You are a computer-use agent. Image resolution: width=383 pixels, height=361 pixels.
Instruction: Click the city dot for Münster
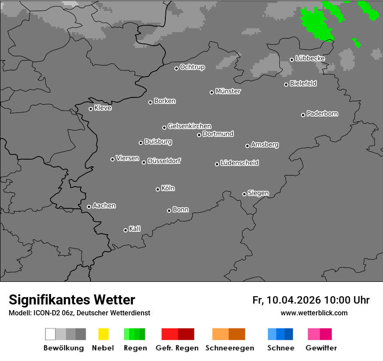(212, 92)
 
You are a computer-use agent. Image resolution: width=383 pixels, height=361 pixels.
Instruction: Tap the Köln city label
(168, 188)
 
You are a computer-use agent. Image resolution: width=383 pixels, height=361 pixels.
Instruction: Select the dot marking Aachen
(89, 207)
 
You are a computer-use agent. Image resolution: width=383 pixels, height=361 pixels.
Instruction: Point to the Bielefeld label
(303, 84)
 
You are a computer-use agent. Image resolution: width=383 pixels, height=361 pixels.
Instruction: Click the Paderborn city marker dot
(303, 115)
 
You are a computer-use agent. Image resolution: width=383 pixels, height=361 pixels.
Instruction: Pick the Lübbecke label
(310, 58)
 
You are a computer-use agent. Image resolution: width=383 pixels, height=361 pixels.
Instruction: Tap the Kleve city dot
(91, 109)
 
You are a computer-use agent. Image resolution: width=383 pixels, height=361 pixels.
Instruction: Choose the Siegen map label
(258, 193)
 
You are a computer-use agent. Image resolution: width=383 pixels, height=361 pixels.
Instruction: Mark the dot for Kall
(125, 230)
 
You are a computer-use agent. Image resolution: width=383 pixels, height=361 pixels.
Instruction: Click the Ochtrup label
(192, 67)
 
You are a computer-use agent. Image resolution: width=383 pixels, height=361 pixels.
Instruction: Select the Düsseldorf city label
(164, 161)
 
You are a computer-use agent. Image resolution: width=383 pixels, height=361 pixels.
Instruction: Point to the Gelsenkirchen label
(189, 126)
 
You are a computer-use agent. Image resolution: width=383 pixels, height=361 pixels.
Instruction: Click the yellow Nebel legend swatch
(103, 334)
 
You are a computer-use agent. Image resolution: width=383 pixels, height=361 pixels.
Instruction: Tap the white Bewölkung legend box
(50, 334)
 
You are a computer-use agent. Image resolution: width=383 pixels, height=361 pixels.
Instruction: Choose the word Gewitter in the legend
(321, 348)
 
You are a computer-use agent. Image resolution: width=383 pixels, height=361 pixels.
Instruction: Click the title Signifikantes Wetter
(72, 300)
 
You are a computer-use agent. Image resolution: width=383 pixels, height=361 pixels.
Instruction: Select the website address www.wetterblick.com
(314, 313)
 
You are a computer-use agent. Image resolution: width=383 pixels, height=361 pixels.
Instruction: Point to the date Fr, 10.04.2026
(286, 300)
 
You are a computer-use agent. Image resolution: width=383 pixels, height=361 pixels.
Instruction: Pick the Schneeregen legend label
(230, 348)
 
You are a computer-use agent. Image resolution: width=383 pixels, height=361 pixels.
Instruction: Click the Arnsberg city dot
(247, 146)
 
